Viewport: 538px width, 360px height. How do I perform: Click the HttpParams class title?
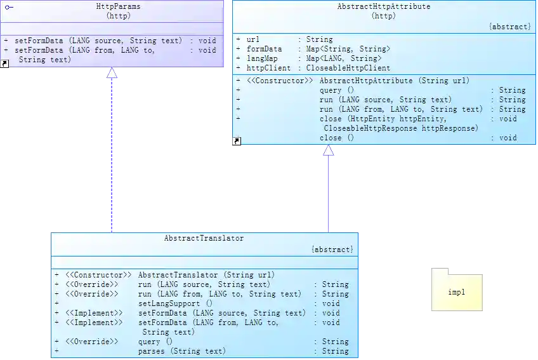click(x=119, y=6)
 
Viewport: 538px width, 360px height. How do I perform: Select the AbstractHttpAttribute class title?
click(x=383, y=6)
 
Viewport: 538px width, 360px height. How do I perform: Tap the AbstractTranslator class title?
click(x=204, y=238)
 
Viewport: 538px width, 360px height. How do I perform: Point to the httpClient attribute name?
click(x=268, y=68)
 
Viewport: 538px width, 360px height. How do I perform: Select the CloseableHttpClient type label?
click(x=348, y=68)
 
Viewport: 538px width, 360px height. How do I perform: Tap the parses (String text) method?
click(x=181, y=351)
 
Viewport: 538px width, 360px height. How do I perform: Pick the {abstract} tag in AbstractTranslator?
click(x=332, y=250)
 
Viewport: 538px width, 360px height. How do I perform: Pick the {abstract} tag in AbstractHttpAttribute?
click(x=509, y=27)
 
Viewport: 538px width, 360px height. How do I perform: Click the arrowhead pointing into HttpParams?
click(x=112, y=74)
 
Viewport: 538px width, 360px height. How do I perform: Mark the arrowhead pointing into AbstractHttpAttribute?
click(x=327, y=151)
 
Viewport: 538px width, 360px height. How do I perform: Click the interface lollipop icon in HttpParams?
click(x=9, y=6)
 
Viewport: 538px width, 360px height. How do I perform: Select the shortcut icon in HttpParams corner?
click(x=5, y=63)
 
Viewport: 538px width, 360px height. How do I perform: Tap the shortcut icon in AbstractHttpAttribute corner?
click(x=237, y=141)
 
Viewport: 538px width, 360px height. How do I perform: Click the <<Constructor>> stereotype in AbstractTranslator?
click(x=98, y=275)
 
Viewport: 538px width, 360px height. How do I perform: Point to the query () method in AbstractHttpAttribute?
click(x=336, y=90)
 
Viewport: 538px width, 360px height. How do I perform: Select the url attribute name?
click(x=253, y=39)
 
